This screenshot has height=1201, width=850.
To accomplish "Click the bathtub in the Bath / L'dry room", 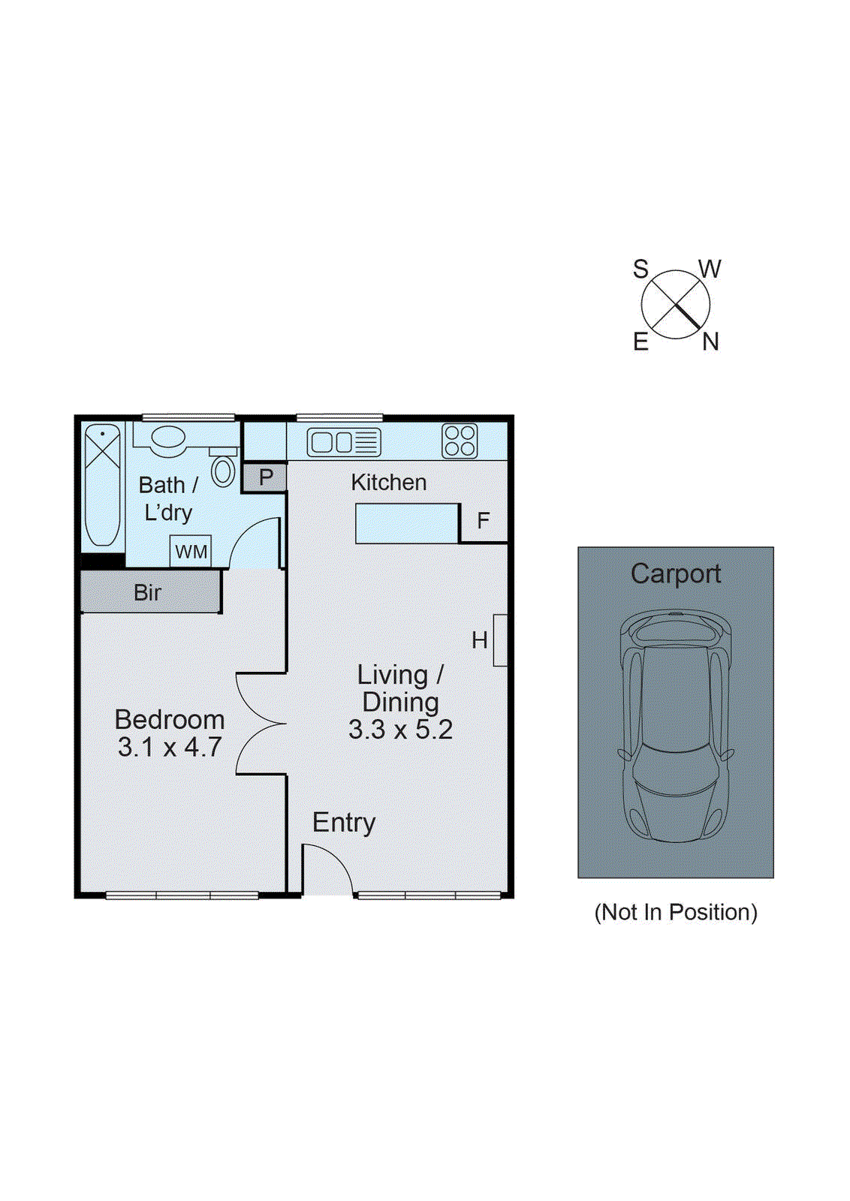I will [102, 485].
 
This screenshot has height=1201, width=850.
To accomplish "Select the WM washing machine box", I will [191, 552].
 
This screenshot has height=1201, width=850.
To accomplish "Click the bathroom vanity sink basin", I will [168, 438].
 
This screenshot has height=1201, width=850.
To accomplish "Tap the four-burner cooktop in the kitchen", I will [460, 441].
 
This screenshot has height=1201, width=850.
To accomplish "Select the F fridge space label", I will [483, 520].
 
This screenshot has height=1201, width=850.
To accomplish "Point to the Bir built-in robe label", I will [148, 592].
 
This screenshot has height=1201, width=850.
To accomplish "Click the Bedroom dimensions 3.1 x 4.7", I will [170, 748].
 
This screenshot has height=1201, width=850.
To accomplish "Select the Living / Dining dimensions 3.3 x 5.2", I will [400, 730].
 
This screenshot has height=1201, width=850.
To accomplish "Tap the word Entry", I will [344, 823].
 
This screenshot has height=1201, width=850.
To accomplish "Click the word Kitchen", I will [388, 483].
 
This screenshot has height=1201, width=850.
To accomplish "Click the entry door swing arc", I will [329, 871].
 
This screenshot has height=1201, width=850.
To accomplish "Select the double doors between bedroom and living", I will [259, 724].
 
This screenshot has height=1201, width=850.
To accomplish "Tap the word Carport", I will [675, 573].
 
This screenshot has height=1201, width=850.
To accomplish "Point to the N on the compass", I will [710, 342].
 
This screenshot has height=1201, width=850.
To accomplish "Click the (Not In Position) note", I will [675, 912].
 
